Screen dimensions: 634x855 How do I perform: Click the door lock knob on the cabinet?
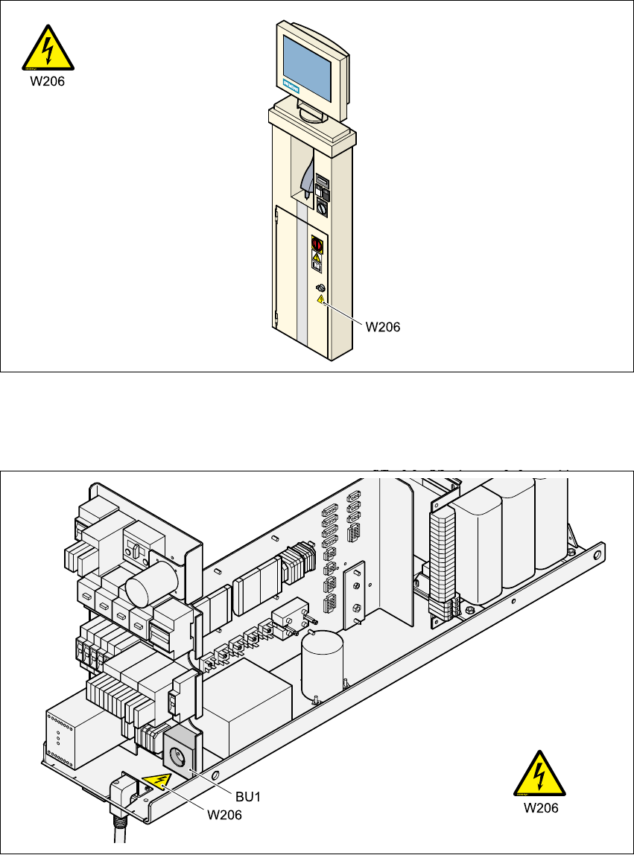(320, 287)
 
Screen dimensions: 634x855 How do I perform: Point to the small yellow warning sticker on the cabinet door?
(320, 299)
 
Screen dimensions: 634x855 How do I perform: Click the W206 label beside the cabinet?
(382, 326)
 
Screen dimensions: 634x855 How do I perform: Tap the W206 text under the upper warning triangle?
(47, 83)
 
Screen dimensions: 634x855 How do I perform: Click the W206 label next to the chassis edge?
(224, 814)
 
